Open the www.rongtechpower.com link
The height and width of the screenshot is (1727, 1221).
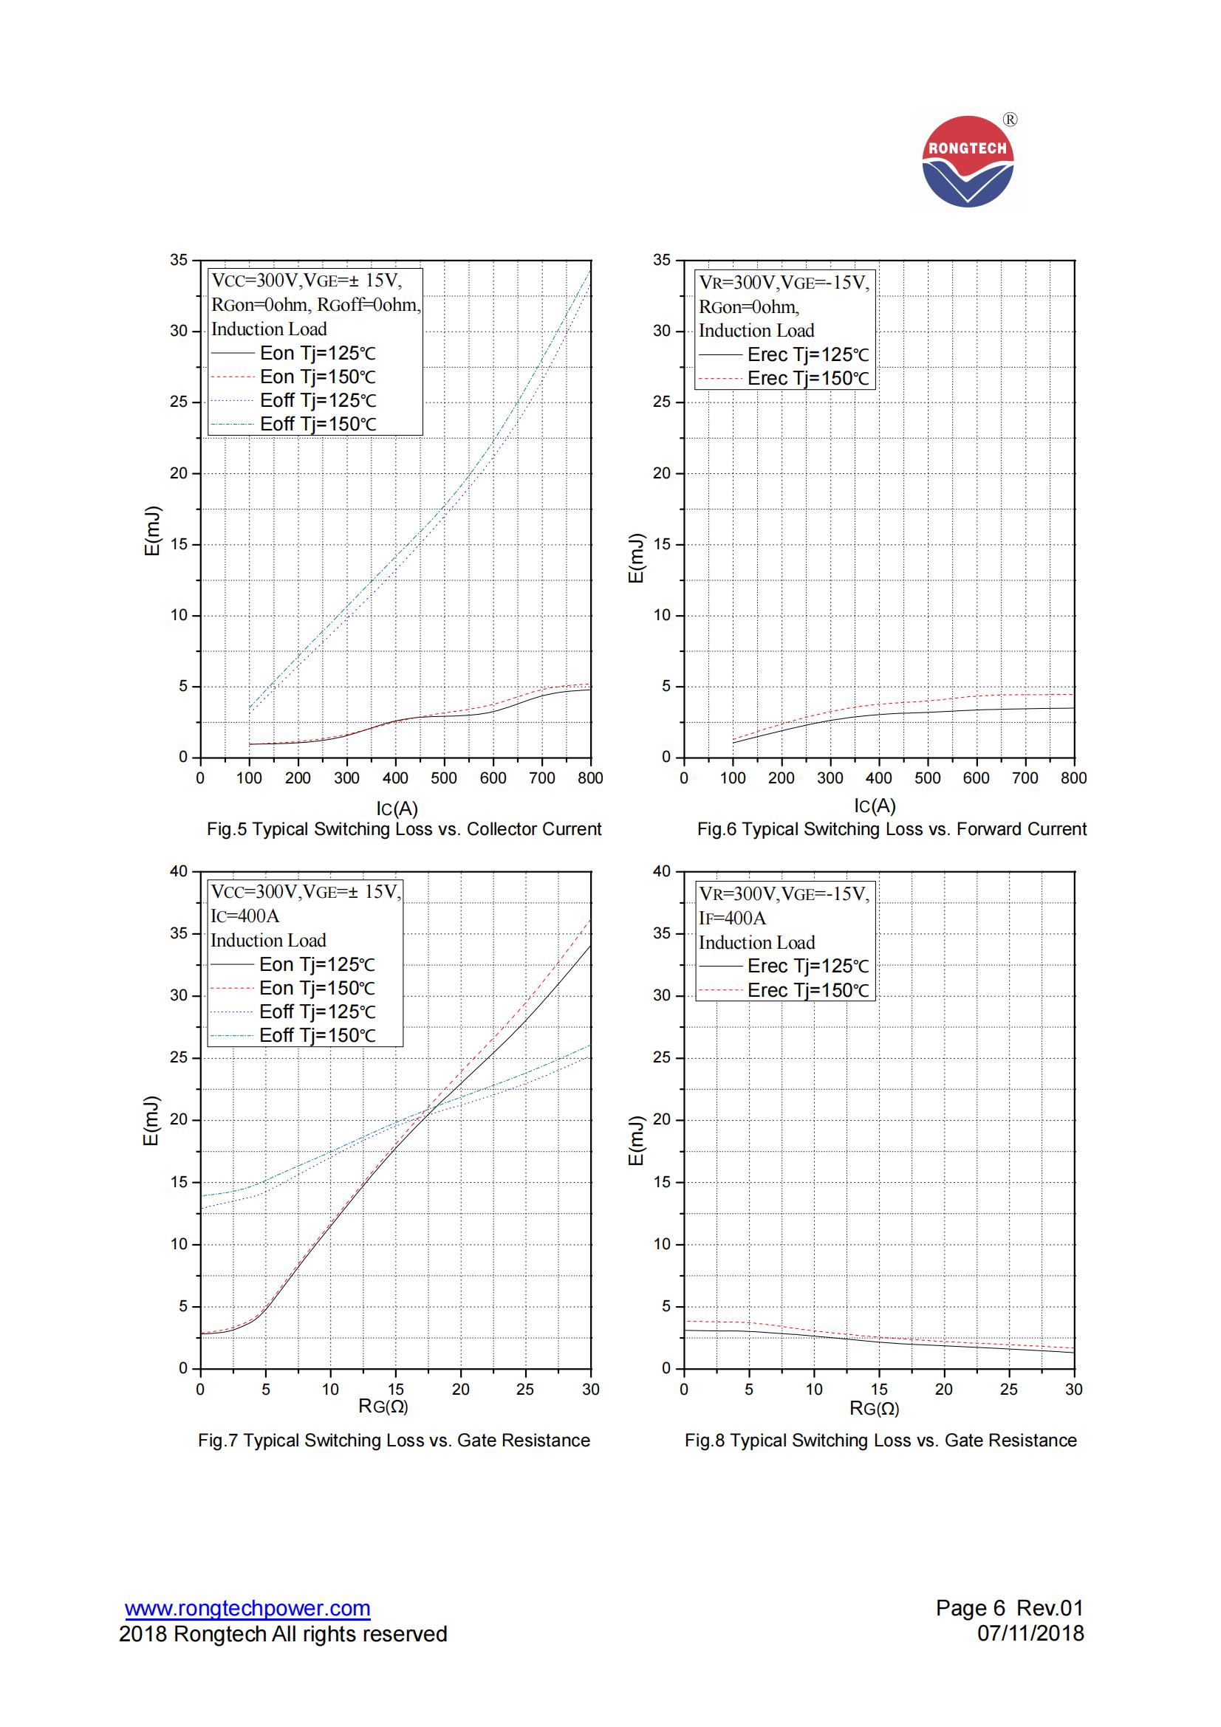coord(247,1608)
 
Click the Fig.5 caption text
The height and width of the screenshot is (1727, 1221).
coord(404,829)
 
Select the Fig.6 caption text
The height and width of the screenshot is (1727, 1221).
coord(892,829)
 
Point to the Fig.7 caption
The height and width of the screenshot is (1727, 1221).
coord(394,1440)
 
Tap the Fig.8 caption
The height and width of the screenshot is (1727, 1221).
coord(880,1440)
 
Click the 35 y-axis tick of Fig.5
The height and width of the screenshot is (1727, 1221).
coord(178,260)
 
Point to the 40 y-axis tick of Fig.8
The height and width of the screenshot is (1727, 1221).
coord(661,871)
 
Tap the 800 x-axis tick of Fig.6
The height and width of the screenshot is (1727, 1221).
coord(1073,777)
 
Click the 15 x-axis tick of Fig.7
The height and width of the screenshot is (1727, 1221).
coord(396,1390)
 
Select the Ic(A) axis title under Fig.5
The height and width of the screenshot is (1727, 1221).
coord(397,808)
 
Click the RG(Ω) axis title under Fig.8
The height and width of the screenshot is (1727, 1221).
coord(874,1408)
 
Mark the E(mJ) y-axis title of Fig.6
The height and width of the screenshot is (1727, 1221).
coord(637,558)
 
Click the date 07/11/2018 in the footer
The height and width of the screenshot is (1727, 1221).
coord(1030,1634)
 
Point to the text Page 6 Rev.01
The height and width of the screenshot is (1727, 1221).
coord(1009,1608)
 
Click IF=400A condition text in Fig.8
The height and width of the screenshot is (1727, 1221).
coord(732,918)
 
